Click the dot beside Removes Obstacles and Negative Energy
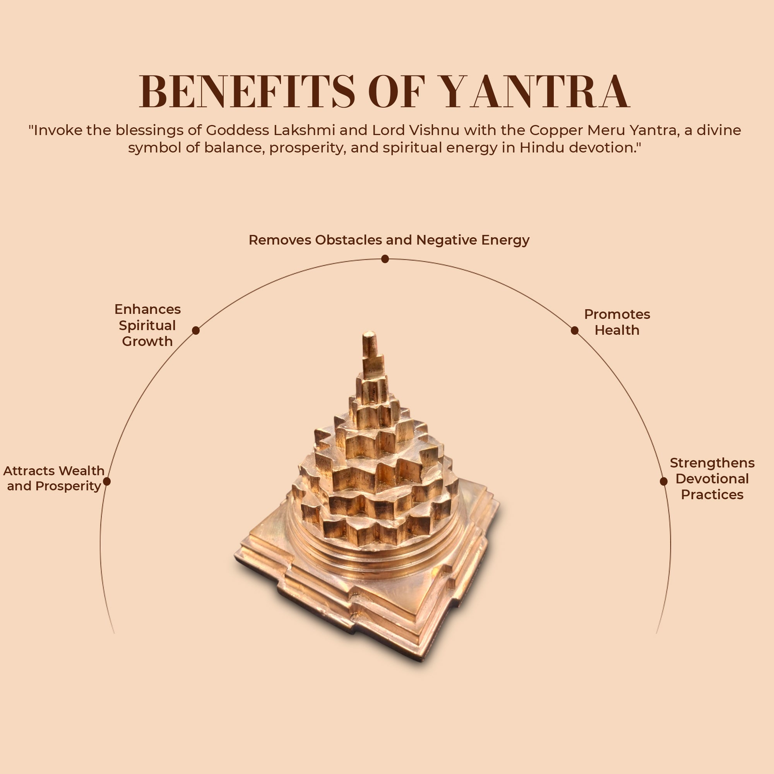click(x=385, y=259)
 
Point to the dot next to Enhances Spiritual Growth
click(x=196, y=330)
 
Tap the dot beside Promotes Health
click(x=574, y=330)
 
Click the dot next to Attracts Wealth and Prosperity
click(x=106, y=481)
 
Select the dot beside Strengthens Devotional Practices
click(x=663, y=481)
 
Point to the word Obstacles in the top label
click(x=349, y=240)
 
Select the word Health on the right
click(x=617, y=330)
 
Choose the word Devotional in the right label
click(x=712, y=479)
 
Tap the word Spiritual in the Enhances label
click(x=147, y=325)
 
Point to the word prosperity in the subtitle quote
click(x=307, y=148)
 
